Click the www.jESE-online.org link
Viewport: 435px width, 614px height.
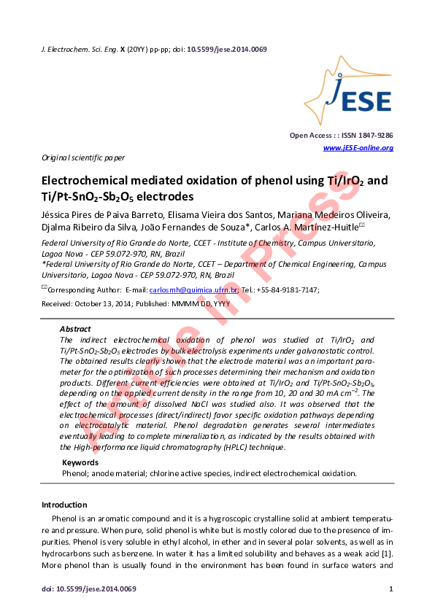coord(358,148)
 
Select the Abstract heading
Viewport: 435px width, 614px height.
coord(75,329)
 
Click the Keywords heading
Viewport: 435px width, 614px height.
coord(80,462)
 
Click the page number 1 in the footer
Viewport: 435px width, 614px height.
coord(391,588)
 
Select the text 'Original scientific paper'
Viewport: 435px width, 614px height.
coord(82,158)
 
